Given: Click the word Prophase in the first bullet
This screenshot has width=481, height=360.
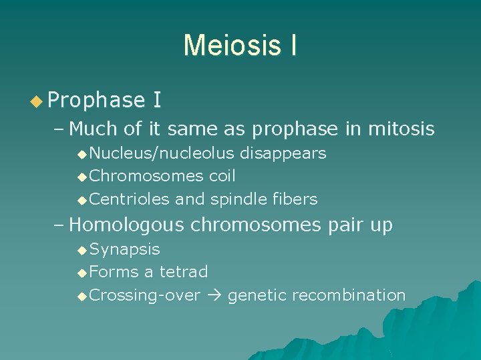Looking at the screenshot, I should pos(96,101).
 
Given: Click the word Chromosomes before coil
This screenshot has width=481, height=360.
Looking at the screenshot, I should pos(146,176).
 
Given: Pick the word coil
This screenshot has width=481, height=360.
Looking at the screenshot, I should pos(222,176).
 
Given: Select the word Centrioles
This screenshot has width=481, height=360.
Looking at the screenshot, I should pos(130,199).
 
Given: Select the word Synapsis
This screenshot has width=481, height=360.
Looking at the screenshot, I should pos(124,249).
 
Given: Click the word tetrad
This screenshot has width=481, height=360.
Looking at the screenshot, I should pos(184,272).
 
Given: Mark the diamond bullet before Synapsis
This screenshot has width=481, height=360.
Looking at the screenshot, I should pos(82,250).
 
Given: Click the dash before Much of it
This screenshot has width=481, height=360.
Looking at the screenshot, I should pos(58,128).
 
